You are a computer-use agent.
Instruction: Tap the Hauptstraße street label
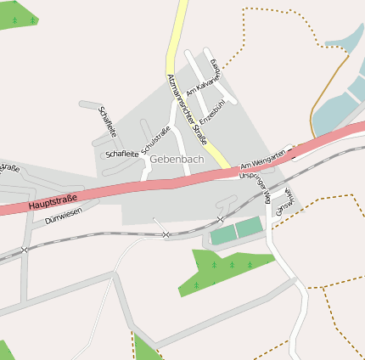[x=52, y=202]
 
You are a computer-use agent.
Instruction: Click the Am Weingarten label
[x=259, y=160]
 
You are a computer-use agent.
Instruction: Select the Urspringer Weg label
[x=255, y=185]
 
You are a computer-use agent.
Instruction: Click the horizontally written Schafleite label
[x=122, y=154]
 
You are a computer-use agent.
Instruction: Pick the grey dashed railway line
[x=93, y=239]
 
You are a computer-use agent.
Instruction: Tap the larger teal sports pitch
[x=249, y=227]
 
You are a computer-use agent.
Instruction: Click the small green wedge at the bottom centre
[x=144, y=348]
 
